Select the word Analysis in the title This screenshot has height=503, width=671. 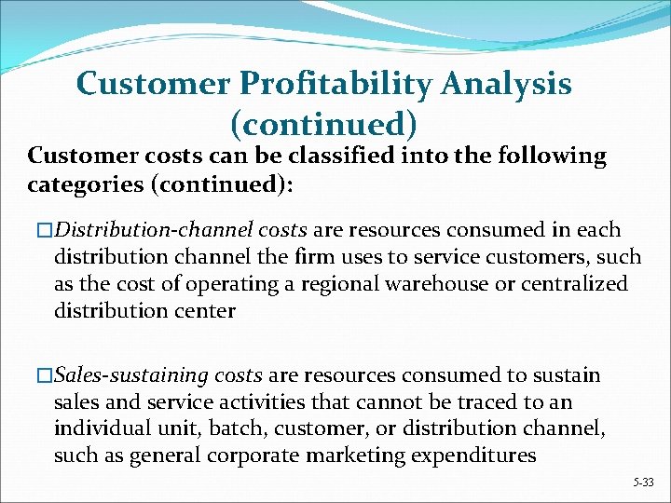[x=512, y=85]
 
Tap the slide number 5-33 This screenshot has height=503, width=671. [x=643, y=483]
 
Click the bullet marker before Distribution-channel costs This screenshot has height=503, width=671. [x=36, y=230]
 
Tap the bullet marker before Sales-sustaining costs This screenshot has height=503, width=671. [x=36, y=376]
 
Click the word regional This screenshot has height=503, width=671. [x=323, y=282]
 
